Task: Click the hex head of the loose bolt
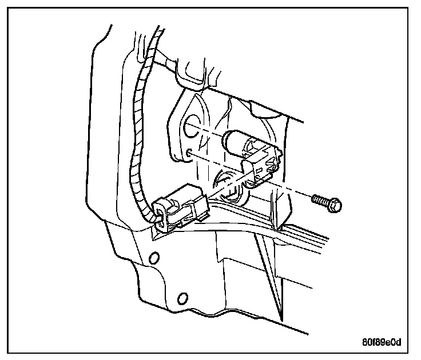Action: point(335,203)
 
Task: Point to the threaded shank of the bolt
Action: point(320,199)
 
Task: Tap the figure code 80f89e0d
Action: point(382,342)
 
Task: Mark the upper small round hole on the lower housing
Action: point(153,258)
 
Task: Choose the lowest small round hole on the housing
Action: point(182,297)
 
